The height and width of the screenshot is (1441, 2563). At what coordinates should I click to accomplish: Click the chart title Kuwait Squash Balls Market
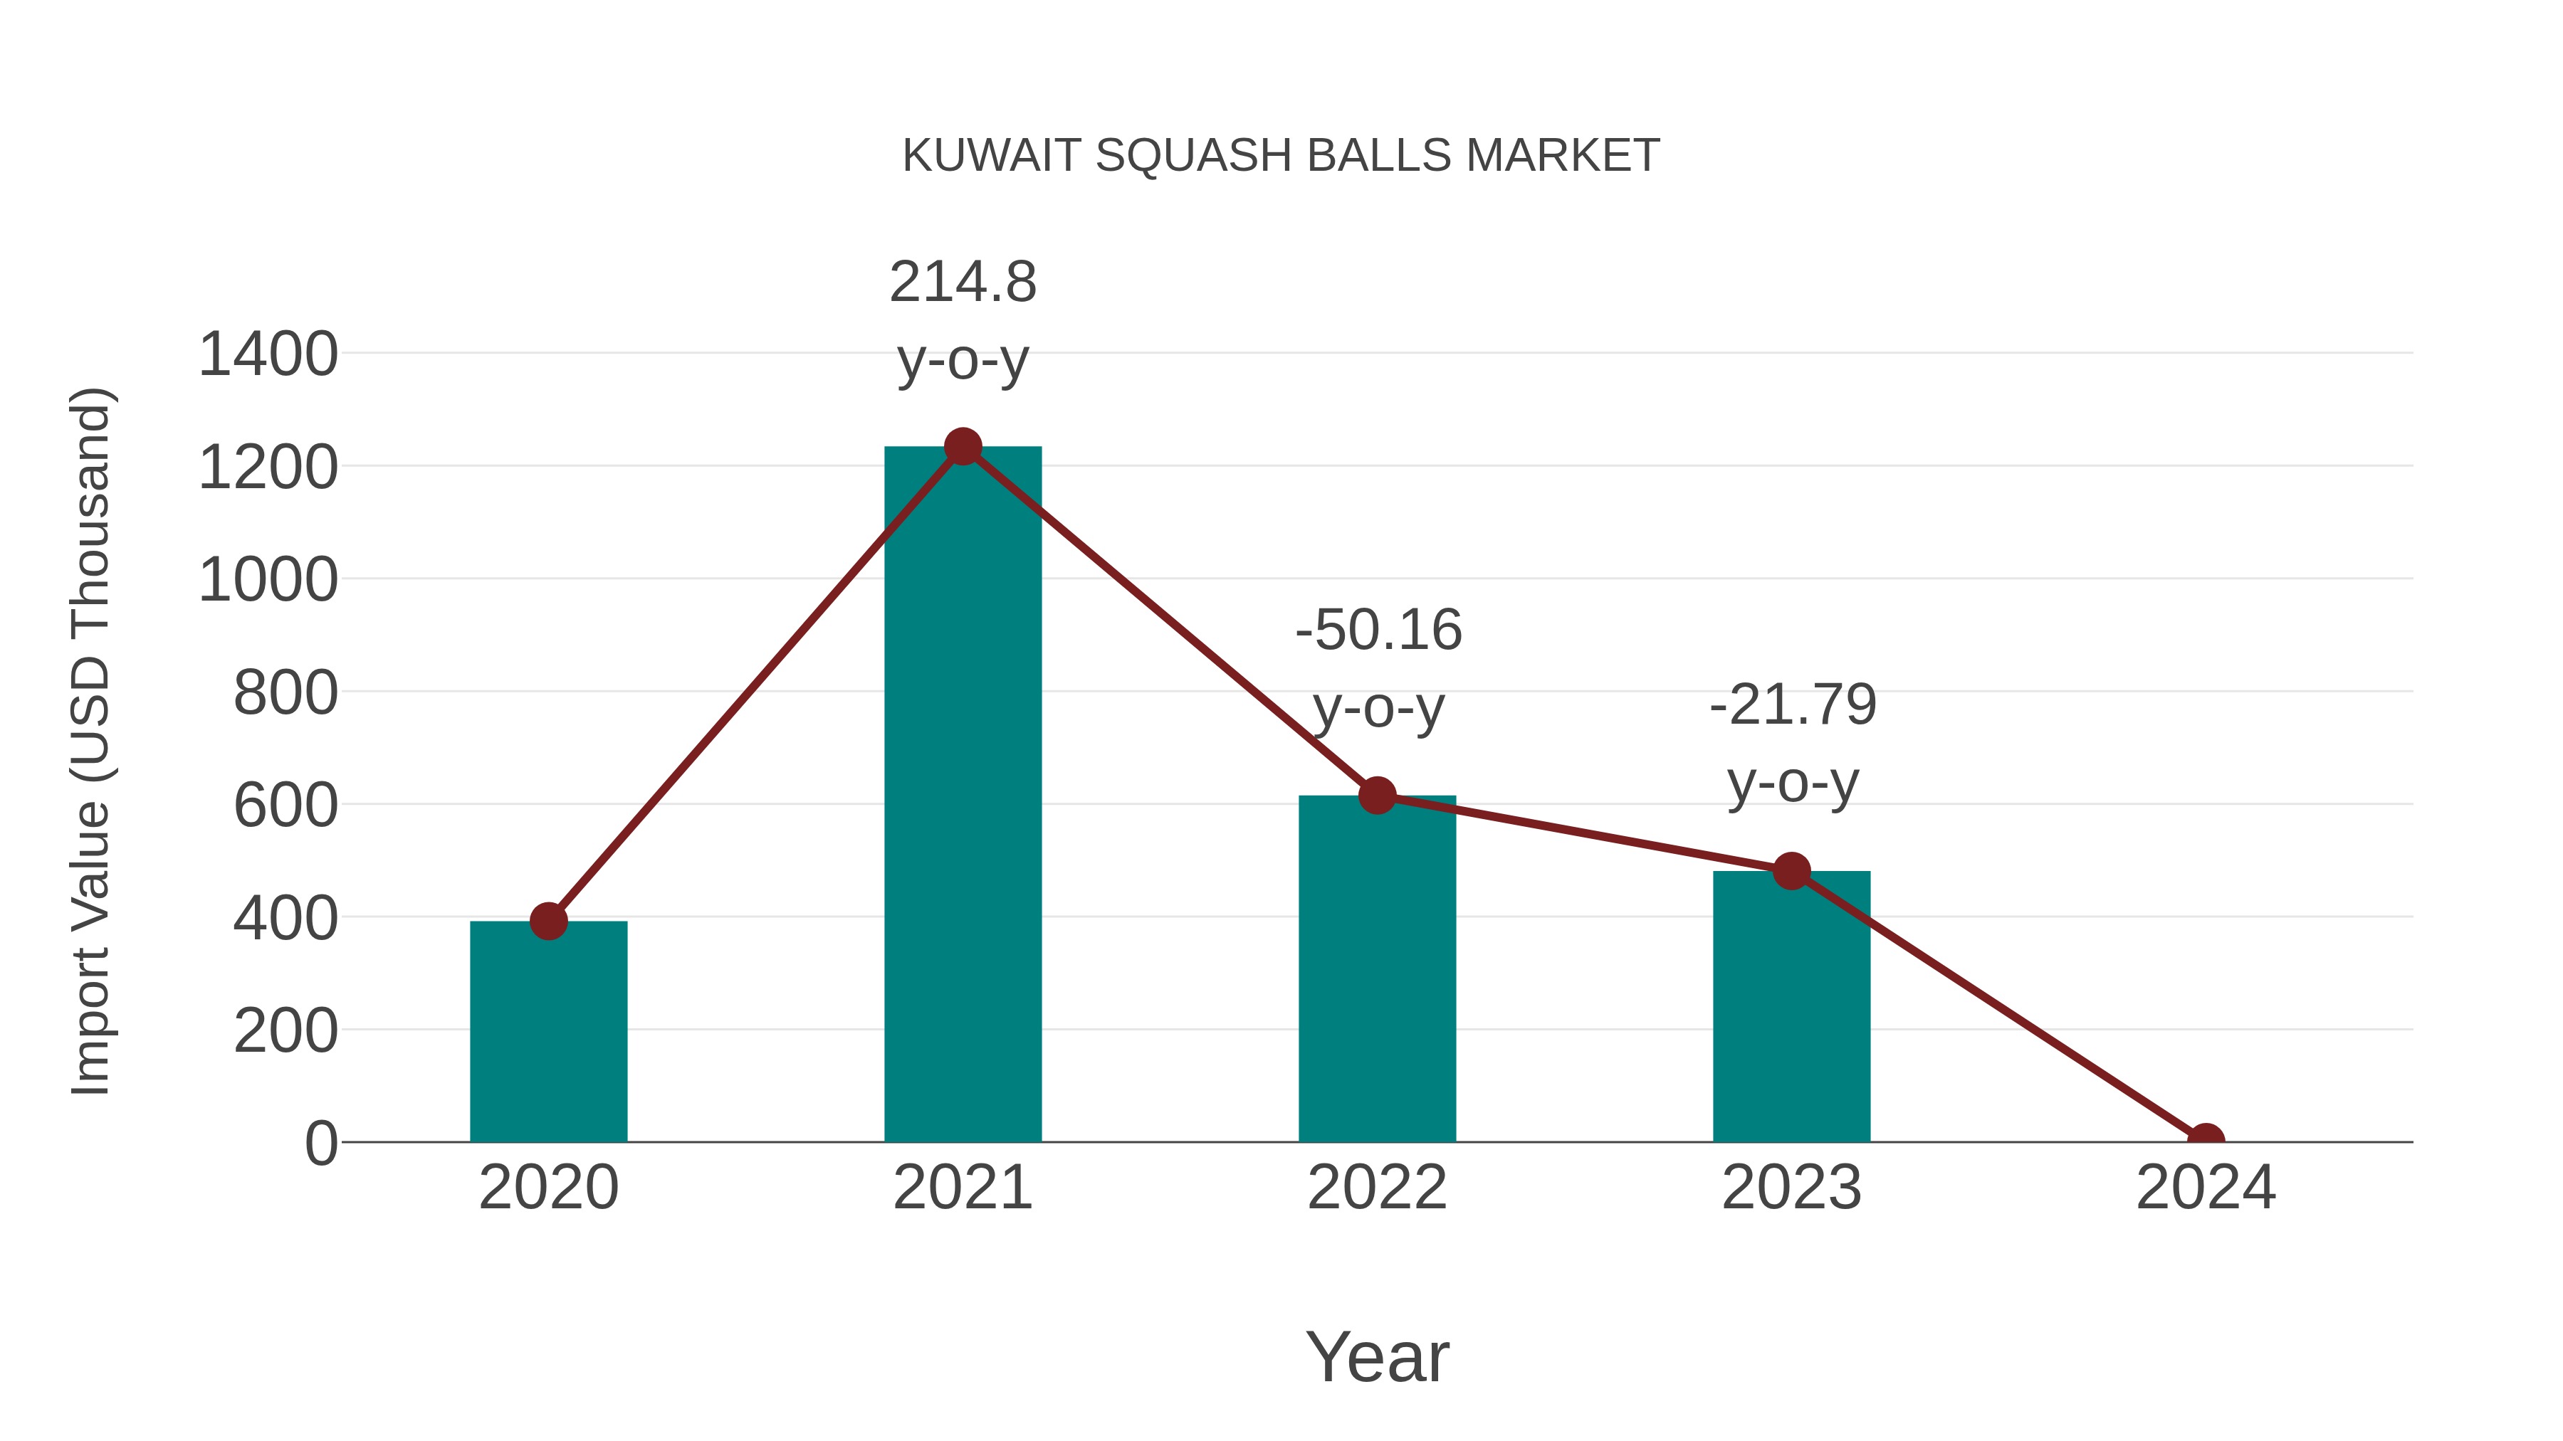tap(1281, 156)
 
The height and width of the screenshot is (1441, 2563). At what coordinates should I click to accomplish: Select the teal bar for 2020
tap(548, 1034)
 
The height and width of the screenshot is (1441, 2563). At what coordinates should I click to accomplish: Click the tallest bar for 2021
tap(962, 796)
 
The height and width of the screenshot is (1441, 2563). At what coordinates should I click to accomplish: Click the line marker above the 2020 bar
tap(548, 921)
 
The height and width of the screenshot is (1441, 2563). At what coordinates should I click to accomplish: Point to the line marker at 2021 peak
tap(962, 446)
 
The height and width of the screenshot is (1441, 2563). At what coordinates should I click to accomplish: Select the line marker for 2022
tap(1377, 796)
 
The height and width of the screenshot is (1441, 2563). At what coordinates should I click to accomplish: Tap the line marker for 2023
tap(1791, 871)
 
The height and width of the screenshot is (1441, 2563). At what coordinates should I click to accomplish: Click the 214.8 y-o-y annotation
tap(962, 320)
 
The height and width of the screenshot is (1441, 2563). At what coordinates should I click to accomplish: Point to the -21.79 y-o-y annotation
tap(1793, 744)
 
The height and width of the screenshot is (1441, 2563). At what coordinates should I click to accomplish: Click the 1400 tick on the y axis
tap(268, 355)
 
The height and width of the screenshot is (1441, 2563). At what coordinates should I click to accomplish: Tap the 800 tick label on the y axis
tap(285, 693)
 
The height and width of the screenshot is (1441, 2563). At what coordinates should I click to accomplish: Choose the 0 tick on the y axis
tap(320, 1144)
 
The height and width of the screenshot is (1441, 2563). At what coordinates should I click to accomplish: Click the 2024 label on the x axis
tap(2205, 1188)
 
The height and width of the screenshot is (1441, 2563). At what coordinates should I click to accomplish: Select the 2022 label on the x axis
tap(1377, 1188)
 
